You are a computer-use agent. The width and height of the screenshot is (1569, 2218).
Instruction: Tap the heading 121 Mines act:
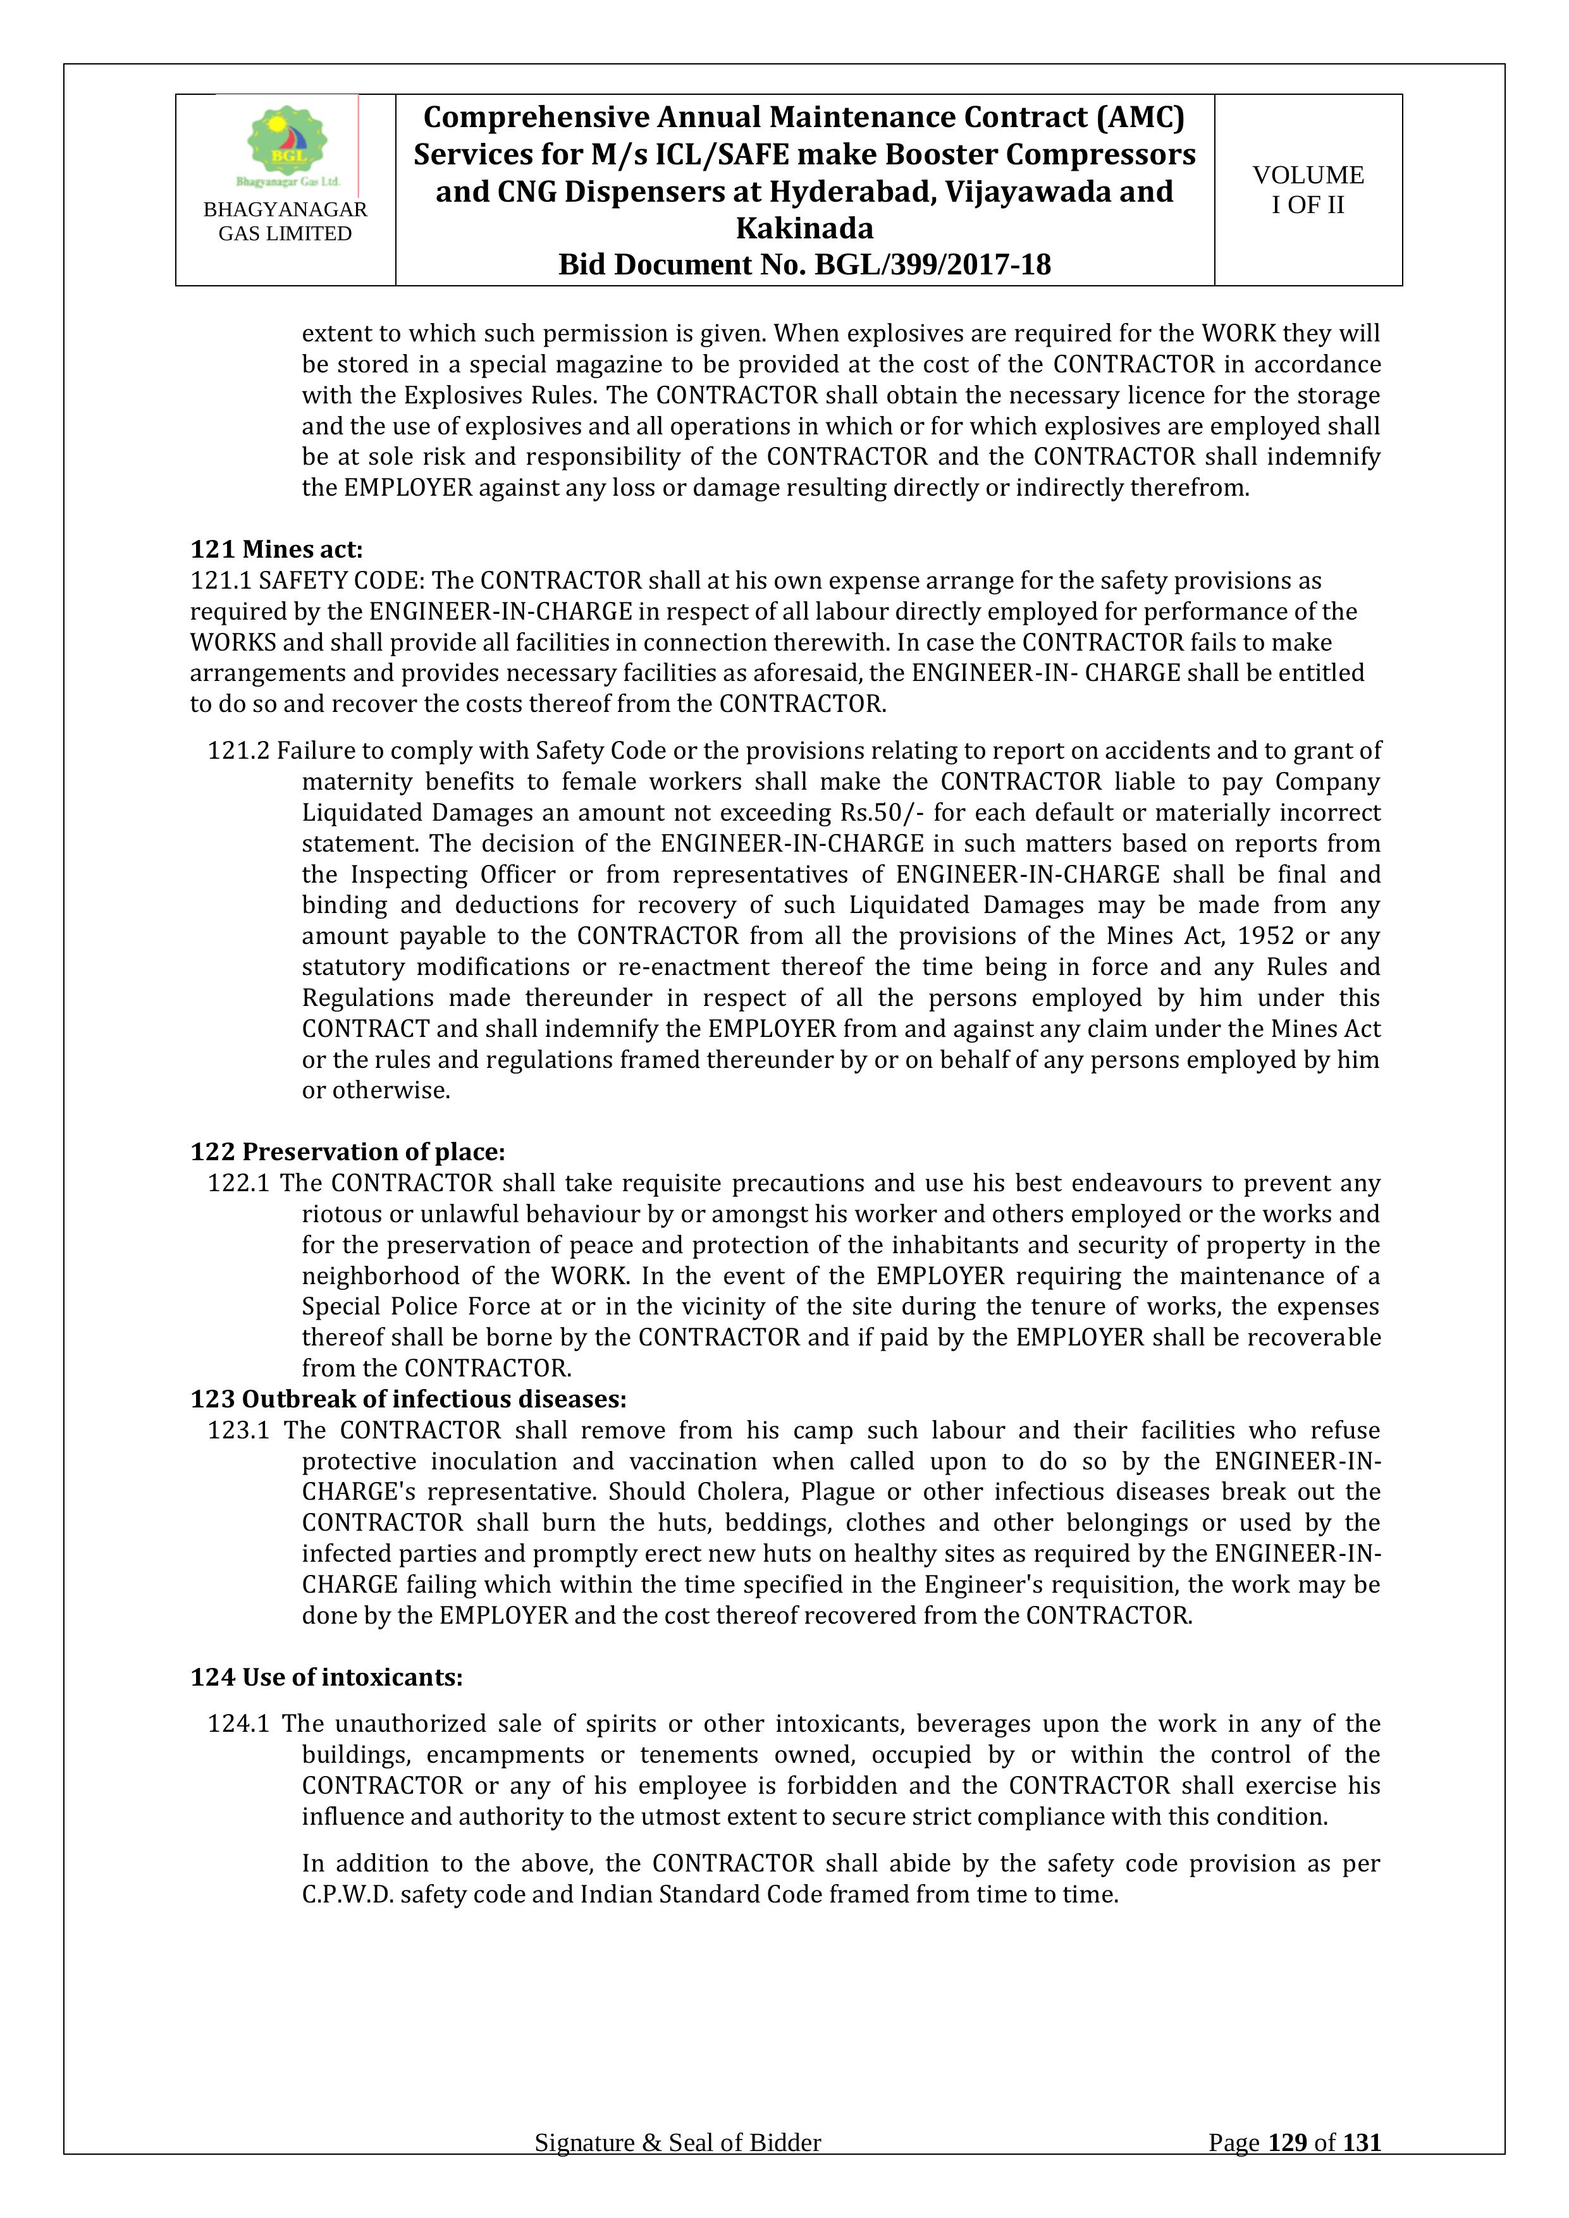pos(276,549)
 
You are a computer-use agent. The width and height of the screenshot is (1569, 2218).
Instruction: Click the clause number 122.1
pos(238,1184)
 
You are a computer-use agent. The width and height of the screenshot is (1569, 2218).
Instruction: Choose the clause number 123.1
pos(238,1431)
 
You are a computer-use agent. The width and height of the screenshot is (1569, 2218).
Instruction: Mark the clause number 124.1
pos(238,1724)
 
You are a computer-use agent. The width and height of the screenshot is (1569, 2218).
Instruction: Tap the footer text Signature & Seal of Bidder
pos(677,2170)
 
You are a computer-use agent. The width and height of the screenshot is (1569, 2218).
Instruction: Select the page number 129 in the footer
pos(1287,2170)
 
